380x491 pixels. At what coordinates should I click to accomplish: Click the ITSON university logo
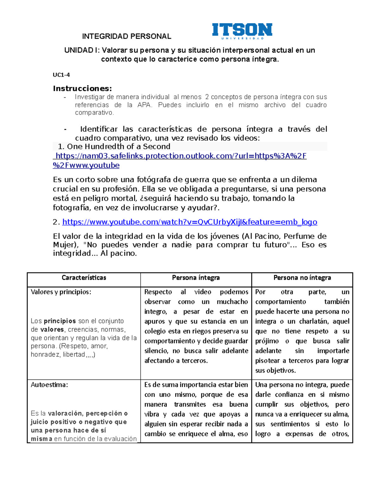[x=242, y=31]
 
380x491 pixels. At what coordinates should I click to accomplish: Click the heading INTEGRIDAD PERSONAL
[x=127, y=36]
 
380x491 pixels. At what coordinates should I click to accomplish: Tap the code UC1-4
[x=61, y=75]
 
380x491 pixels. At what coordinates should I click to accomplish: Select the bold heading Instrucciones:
[x=82, y=89]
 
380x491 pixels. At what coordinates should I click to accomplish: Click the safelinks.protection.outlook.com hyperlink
[x=180, y=156]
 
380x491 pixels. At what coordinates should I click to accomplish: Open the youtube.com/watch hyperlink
[x=190, y=222]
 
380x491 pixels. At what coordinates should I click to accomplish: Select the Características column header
[x=84, y=278]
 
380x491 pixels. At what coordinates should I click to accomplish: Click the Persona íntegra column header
[x=196, y=278]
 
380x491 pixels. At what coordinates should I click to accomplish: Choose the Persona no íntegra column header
[x=302, y=278]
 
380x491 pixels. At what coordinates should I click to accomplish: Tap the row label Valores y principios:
[x=61, y=292]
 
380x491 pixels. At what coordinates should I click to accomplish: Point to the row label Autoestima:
[x=49, y=385]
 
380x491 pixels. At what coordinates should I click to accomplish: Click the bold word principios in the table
[x=60, y=321]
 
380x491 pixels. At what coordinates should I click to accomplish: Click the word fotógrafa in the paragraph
[x=154, y=180]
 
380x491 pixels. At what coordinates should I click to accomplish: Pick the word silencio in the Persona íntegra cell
[x=156, y=351]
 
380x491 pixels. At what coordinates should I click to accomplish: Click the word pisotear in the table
[x=268, y=360]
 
